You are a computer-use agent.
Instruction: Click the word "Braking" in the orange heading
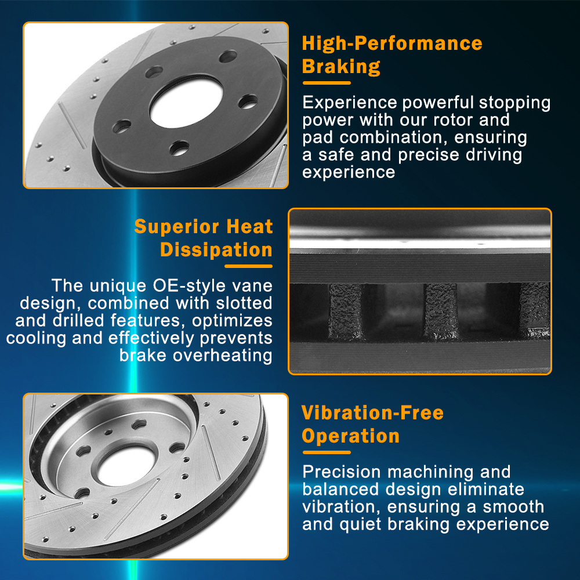(x=341, y=67)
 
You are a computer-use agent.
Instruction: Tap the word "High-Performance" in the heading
(x=392, y=43)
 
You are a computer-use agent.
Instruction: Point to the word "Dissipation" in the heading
(x=216, y=249)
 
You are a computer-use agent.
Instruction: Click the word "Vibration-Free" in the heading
(x=372, y=412)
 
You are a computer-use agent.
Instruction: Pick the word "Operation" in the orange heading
(x=351, y=436)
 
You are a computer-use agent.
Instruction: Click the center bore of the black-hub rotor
(x=186, y=103)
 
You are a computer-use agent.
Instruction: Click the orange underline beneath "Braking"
(x=326, y=83)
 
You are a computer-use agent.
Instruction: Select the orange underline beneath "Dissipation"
(x=249, y=266)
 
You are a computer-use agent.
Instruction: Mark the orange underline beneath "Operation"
(x=326, y=452)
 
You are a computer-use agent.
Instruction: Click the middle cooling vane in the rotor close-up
(x=441, y=311)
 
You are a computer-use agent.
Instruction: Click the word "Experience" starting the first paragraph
(x=350, y=103)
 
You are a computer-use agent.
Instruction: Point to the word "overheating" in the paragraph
(x=222, y=356)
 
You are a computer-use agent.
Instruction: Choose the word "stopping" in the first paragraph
(x=514, y=103)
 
